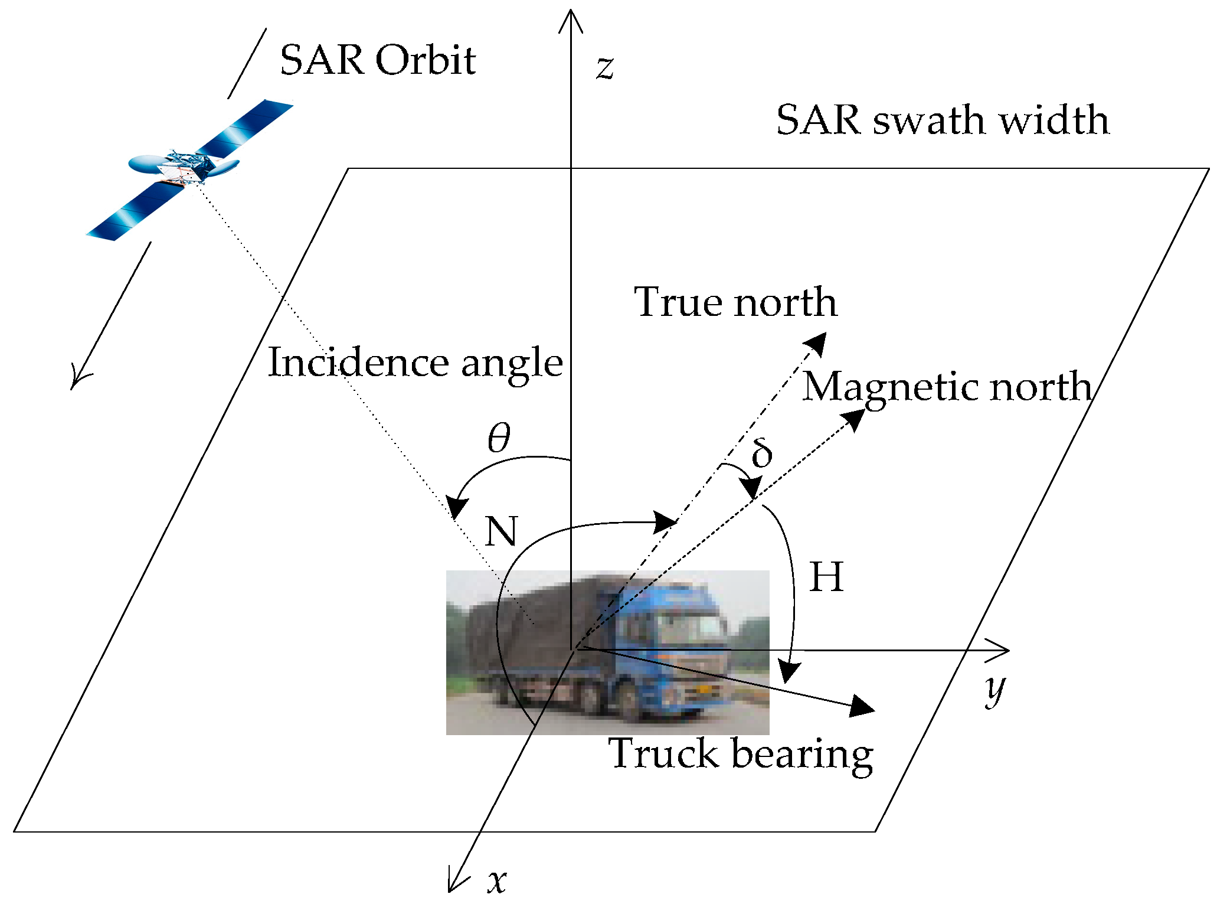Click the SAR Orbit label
378,60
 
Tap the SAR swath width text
943,120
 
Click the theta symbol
499,438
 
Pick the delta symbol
761,453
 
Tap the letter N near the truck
501,531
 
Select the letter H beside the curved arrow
826,577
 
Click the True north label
735,302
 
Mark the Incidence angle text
416,363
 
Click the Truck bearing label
741,754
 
